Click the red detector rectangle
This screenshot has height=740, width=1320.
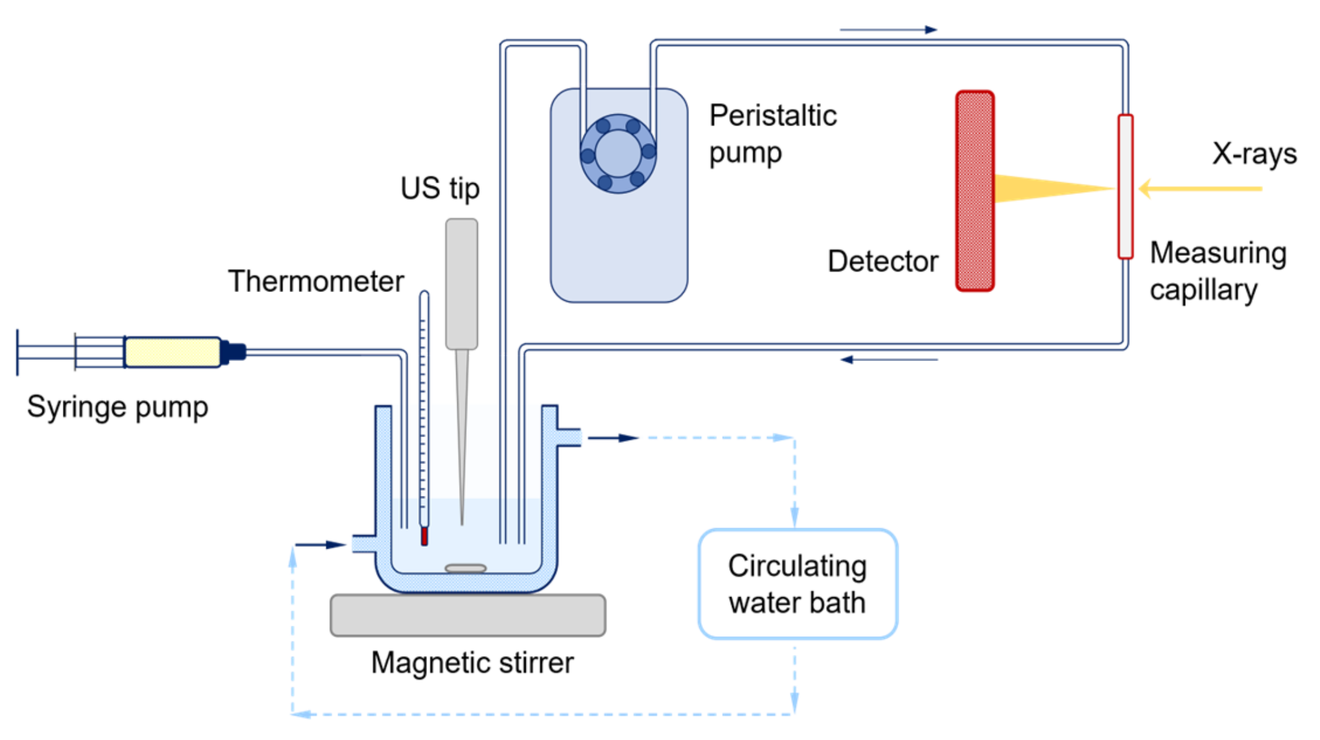point(974,191)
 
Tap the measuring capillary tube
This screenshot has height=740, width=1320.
point(1125,186)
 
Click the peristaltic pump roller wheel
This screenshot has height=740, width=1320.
point(618,153)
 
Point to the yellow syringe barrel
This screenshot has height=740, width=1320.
point(172,352)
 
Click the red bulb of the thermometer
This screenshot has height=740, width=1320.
point(424,536)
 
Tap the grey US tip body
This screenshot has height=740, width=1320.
point(461,283)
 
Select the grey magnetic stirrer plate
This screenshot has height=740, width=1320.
point(467,615)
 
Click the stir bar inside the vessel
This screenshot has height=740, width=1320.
point(465,568)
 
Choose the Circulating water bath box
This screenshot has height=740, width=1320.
point(797,584)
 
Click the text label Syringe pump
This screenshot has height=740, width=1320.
point(117,408)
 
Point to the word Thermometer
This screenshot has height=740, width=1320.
point(316,281)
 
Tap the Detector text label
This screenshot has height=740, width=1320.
point(882,262)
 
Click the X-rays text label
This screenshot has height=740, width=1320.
point(1254,153)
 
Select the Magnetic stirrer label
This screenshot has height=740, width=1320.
point(472,663)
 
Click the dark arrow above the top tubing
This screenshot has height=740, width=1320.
point(888,29)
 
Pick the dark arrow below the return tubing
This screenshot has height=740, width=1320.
point(889,360)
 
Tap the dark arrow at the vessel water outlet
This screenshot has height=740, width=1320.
point(613,438)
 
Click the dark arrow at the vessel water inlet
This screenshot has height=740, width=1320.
point(320,545)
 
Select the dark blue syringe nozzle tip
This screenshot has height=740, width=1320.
point(234,352)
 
